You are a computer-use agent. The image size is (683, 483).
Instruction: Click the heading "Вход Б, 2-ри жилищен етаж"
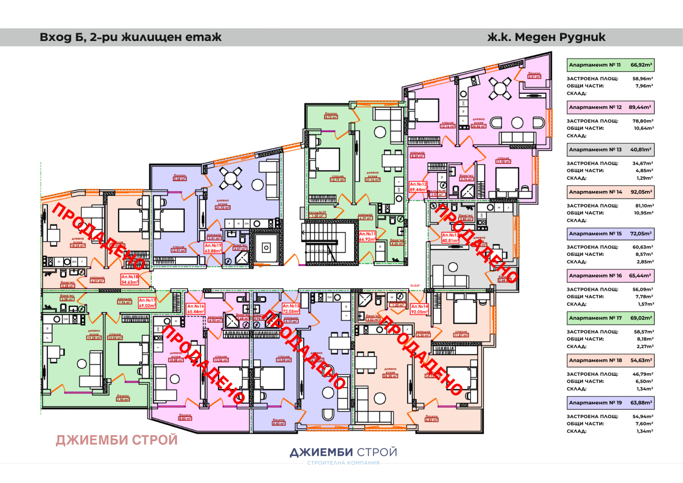130,37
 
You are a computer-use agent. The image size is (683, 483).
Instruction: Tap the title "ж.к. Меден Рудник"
546,37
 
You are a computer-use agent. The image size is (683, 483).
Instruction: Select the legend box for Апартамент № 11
610,65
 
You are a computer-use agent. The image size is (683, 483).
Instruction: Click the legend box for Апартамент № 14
610,192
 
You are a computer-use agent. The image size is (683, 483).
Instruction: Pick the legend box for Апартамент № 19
610,403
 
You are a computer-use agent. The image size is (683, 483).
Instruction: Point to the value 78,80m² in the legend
643,121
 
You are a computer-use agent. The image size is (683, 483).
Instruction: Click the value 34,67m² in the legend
643,164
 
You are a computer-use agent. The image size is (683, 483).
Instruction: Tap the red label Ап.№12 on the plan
418,187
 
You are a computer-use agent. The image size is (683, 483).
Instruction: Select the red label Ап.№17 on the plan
147,303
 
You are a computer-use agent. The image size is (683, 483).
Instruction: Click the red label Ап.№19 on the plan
213,249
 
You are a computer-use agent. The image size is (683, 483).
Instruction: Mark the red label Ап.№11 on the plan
367,237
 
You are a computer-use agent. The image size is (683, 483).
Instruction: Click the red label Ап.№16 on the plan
196,309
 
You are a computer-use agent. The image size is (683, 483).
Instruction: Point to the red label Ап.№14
419,309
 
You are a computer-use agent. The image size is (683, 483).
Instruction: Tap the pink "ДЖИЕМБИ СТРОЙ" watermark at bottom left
117,440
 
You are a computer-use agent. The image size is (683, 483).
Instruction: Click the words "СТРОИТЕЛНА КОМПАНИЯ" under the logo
343,463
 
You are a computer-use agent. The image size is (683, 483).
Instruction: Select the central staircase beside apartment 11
329,241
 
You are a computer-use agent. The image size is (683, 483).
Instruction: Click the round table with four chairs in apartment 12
500,88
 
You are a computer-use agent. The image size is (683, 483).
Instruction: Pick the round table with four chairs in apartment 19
231,178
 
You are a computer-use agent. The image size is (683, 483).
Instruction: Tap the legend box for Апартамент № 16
610,276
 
